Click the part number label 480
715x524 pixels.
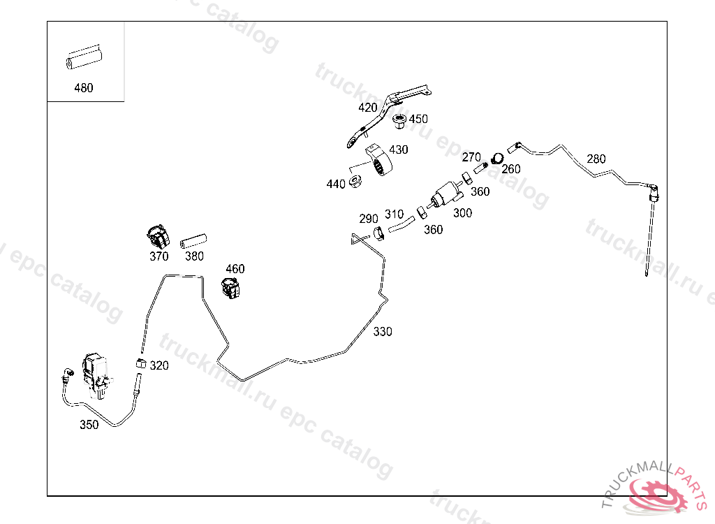click(83, 88)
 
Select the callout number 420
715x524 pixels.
click(368, 108)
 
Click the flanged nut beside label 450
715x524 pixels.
click(400, 121)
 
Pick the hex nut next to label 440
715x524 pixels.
click(355, 182)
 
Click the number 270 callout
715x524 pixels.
click(472, 157)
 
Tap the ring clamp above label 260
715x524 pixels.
click(497, 159)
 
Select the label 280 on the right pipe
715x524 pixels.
click(596, 159)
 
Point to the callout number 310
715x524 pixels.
click(394, 214)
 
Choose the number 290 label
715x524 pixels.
click(369, 219)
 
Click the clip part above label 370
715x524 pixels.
click(159, 236)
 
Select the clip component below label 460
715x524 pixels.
click(231, 286)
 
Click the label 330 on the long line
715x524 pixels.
click(383, 332)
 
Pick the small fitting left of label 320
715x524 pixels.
click(140, 364)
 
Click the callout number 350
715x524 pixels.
click(89, 425)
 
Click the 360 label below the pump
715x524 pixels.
click(434, 229)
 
